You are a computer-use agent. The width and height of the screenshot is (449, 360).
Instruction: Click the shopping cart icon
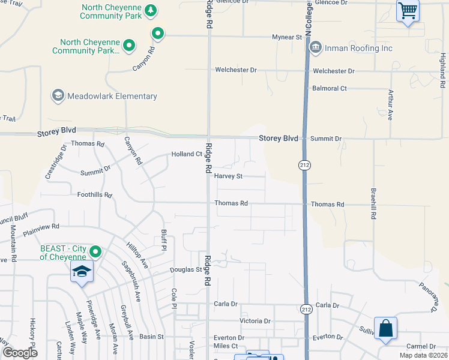(x=408, y=10)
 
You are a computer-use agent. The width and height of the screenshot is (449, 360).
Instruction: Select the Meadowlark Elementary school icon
(x=58, y=95)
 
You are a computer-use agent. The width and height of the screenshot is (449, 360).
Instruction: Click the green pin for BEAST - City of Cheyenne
(x=95, y=252)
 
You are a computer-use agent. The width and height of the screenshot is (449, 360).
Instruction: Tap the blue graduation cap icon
(x=82, y=272)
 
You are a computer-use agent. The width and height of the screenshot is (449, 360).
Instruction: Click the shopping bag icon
(x=385, y=329)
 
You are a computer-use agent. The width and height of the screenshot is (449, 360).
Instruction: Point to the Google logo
(x=20, y=353)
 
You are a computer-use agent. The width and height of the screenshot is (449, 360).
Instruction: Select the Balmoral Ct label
(x=330, y=88)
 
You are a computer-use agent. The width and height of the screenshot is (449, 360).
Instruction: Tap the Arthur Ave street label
(x=390, y=105)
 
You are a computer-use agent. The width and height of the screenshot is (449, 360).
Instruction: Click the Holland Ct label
(x=187, y=154)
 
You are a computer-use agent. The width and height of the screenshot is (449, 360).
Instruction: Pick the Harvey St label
(x=228, y=176)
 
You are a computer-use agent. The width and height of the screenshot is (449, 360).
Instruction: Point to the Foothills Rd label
(x=94, y=195)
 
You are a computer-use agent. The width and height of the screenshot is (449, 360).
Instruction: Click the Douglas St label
(x=186, y=270)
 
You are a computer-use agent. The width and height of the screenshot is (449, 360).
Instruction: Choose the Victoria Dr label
(x=256, y=321)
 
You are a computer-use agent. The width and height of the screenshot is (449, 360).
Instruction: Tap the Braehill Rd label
(x=373, y=203)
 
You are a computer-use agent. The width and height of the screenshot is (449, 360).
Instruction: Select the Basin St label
(x=152, y=337)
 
